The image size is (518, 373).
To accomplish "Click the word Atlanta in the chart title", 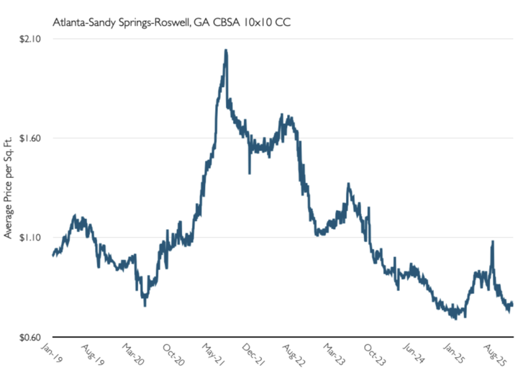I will click(70, 21).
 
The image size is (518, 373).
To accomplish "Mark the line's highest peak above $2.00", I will click(226, 51).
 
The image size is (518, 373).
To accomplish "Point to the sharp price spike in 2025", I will click(492, 243).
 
